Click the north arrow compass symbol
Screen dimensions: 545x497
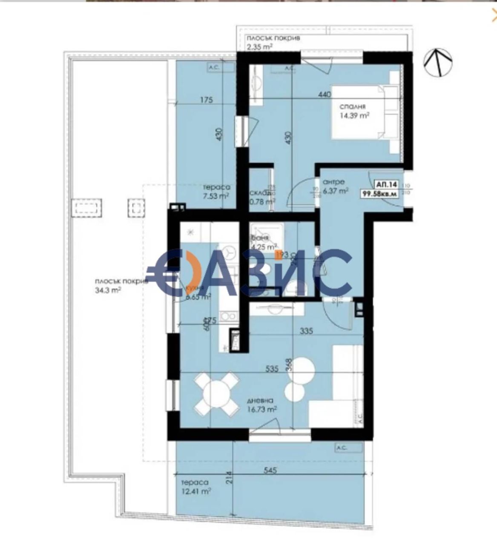pos(437,63)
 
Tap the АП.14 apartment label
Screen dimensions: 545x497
pos(386,185)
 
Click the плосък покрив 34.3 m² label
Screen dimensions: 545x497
pos(121,286)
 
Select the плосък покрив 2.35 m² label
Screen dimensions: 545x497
pos(273,42)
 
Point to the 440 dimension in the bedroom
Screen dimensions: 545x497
pos(324,95)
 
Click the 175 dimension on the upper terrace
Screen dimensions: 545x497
pos(207,100)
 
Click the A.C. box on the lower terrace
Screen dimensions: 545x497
pos(342,448)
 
